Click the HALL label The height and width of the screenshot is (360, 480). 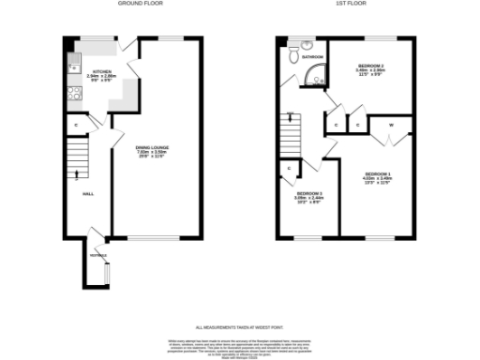87,193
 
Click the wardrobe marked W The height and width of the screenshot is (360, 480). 390,124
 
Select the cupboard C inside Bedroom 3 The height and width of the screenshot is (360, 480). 289,169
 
